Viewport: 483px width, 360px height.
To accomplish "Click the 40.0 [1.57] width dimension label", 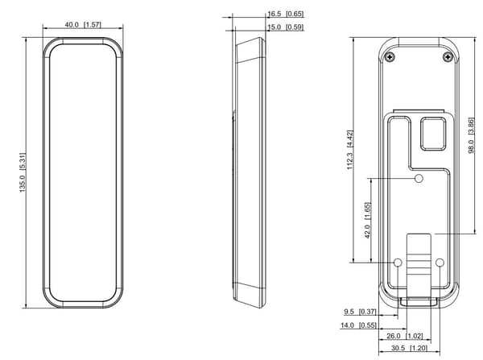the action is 83,25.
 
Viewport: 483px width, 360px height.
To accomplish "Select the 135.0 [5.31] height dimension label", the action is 23,172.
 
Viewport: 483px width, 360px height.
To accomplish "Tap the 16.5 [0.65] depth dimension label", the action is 286,14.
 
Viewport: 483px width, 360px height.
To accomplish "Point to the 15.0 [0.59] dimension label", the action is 286,27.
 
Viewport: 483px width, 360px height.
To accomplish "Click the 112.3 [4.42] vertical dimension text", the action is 350,150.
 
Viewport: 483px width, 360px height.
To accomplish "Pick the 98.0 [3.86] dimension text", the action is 471,135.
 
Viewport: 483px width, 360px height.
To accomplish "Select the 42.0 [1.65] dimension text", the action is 368,221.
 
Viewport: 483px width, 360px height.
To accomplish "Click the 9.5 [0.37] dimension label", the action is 360,312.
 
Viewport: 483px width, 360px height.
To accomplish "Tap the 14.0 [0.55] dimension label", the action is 358,325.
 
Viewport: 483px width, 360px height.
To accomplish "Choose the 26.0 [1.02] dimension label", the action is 405,336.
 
